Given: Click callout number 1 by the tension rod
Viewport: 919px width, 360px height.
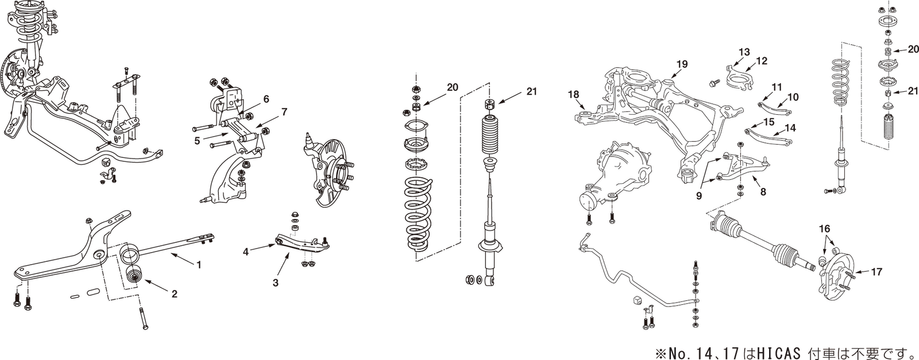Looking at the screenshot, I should tap(199, 266).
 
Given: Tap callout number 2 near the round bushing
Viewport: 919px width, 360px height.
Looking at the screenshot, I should tap(174, 294).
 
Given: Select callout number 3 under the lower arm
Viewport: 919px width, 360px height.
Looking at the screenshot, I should tap(275, 283).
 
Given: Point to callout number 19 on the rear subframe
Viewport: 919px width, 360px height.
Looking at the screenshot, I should tap(681, 64).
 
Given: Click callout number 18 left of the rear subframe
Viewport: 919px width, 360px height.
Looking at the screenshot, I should tap(573, 94).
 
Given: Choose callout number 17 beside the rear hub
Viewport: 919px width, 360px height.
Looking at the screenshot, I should tap(877, 272).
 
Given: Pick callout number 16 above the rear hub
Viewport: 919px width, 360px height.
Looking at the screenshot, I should tap(824, 229).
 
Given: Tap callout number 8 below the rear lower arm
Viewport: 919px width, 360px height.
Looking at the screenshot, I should tap(763, 192).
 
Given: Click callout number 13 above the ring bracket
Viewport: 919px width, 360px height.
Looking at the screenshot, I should tap(744, 52).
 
